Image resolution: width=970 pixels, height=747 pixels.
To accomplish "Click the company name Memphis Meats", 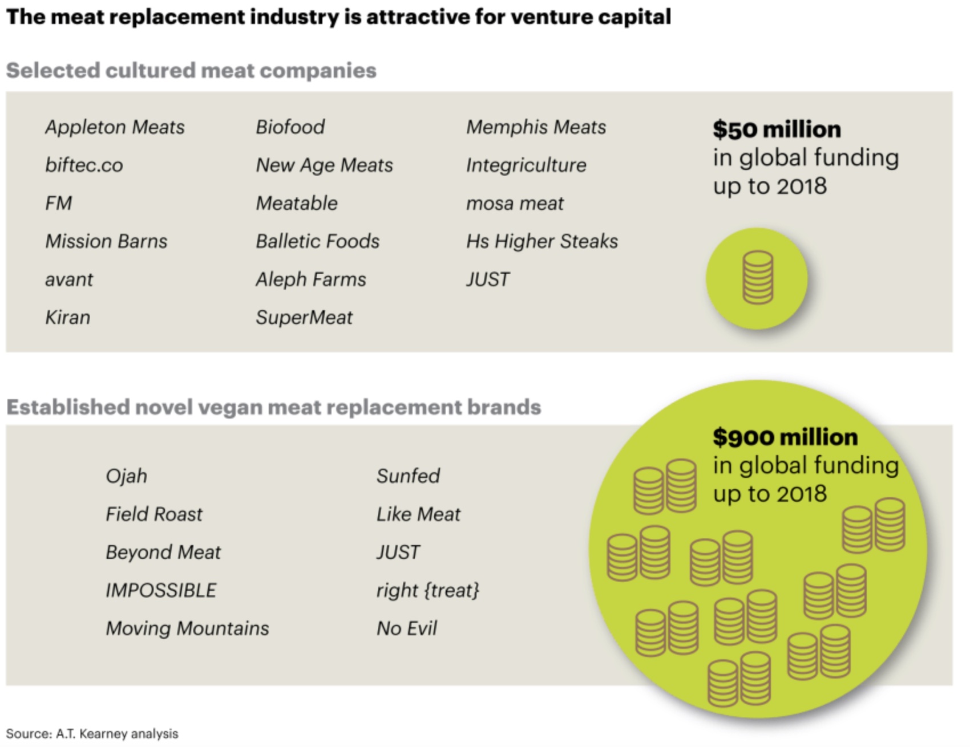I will tap(536, 127).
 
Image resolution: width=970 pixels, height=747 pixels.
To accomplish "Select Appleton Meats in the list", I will tap(115, 127).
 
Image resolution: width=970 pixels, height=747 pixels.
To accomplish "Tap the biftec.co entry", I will tap(84, 165).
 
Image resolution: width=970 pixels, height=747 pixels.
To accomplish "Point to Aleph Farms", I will tap(310, 279).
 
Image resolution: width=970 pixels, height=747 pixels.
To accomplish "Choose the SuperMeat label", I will tap(304, 318).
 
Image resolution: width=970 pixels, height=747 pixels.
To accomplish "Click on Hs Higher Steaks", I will tap(541, 241).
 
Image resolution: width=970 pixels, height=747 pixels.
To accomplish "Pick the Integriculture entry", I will tap(526, 165).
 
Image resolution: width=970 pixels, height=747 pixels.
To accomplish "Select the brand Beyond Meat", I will tap(163, 552).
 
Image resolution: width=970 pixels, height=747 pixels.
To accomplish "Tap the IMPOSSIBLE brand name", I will tap(161, 590).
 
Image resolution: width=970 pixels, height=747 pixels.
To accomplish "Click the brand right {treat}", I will tap(427, 590).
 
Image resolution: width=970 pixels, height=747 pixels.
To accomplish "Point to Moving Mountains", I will tap(187, 628).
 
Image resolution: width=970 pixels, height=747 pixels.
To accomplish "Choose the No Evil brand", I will tap(406, 628).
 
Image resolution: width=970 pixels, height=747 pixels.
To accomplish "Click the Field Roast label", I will tap(153, 514).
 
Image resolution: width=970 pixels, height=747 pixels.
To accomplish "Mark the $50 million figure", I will tap(776, 130).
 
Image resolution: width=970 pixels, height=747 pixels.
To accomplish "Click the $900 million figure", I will tap(785, 437).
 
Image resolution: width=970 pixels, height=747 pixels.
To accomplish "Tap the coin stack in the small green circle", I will tap(757, 278).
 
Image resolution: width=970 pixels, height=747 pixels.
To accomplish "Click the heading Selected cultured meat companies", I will tap(191, 71).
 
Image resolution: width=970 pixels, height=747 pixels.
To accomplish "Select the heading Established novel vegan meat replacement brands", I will tap(273, 407).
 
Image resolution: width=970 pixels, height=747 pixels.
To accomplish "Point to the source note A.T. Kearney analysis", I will tap(92, 734).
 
